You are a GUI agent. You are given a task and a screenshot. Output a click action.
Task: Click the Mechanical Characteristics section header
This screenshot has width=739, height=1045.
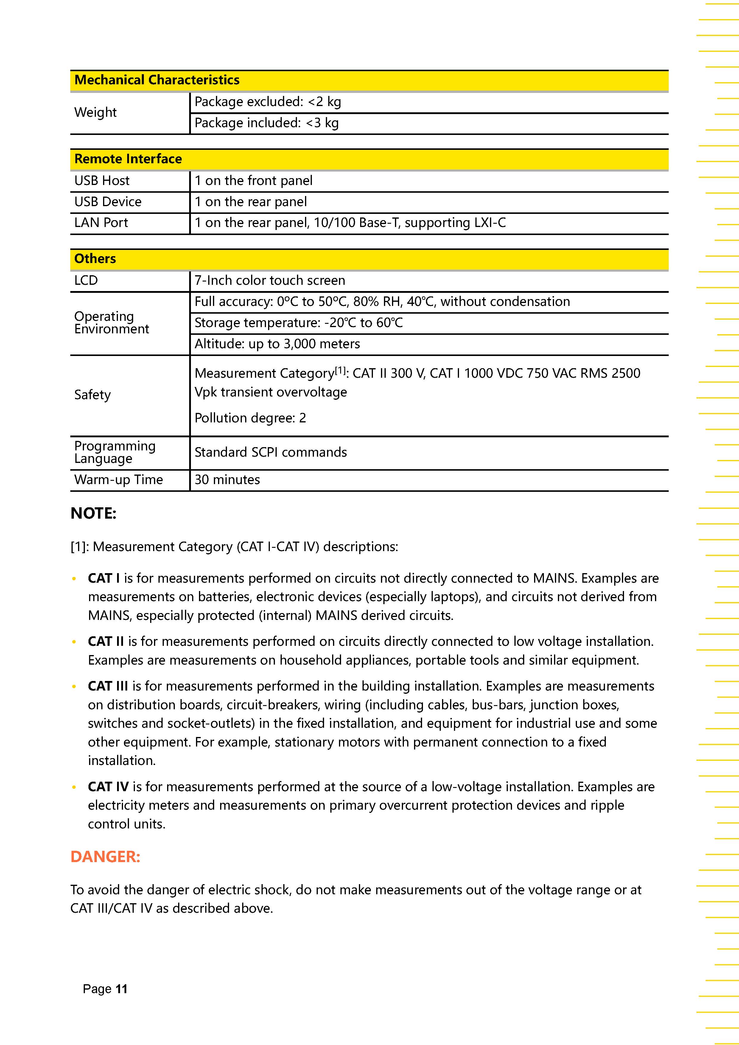[x=157, y=80]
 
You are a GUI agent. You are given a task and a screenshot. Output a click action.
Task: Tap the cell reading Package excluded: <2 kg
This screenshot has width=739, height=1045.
[x=267, y=102]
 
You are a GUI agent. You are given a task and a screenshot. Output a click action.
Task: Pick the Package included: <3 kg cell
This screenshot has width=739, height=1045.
[x=266, y=123]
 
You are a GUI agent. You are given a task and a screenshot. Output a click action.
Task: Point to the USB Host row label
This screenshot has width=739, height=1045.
[x=102, y=181]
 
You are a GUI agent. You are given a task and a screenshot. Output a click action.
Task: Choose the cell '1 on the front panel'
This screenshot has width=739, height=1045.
[x=253, y=181]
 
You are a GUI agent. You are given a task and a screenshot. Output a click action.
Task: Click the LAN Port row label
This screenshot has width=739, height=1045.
[x=101, y=223]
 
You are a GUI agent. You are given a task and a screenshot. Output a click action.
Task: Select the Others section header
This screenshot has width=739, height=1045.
[x=95, y=259]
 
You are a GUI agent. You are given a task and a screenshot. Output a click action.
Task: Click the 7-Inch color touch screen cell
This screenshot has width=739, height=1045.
[x=270, y=280]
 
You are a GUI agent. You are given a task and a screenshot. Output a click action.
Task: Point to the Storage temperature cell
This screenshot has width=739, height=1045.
[x=298, y=323]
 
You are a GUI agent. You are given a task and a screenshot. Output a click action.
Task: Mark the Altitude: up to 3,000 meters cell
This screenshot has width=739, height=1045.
[x=277, y=344]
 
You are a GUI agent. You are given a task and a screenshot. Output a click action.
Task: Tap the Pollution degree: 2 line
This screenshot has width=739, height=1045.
[x=250, y=418]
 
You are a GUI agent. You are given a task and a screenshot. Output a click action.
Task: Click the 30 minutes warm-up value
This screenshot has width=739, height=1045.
[x=227, y=480]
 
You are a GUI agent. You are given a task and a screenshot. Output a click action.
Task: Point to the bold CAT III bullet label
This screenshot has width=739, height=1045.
[x=108, y=686]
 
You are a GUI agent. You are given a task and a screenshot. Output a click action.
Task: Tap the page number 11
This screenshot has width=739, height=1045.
[x=122, y=989]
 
